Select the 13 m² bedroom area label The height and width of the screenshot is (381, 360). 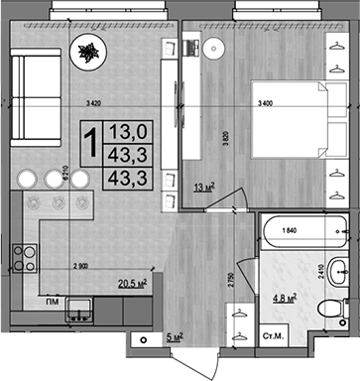202,186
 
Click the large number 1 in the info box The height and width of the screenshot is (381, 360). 90,140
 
